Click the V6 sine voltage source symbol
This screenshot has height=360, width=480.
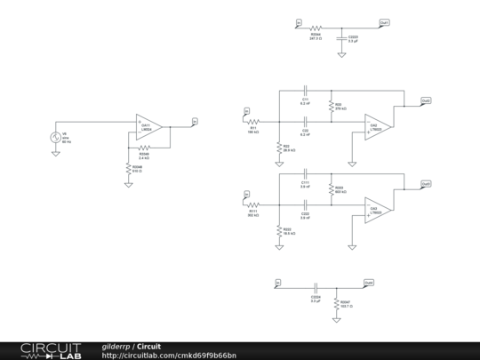55,138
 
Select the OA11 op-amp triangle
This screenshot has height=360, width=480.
148,126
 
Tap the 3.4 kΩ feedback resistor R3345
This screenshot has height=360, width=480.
144,148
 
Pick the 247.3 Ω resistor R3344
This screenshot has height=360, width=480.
316,28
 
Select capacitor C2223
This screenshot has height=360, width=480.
341,38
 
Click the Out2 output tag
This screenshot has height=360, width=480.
427,100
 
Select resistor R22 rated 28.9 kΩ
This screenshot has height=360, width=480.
279,147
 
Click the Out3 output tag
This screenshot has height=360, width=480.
427,183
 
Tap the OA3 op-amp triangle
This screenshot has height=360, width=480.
377,210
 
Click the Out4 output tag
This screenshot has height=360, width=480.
369,283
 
